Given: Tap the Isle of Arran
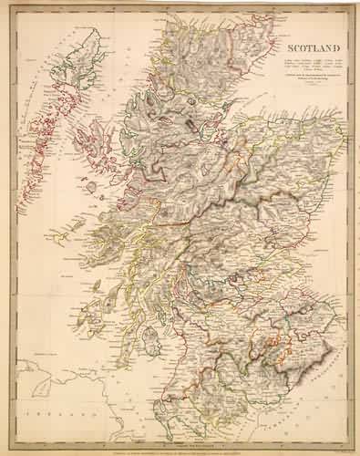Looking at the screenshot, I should [x=157, y=326].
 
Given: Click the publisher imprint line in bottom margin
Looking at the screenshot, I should [x=182, y=443].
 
